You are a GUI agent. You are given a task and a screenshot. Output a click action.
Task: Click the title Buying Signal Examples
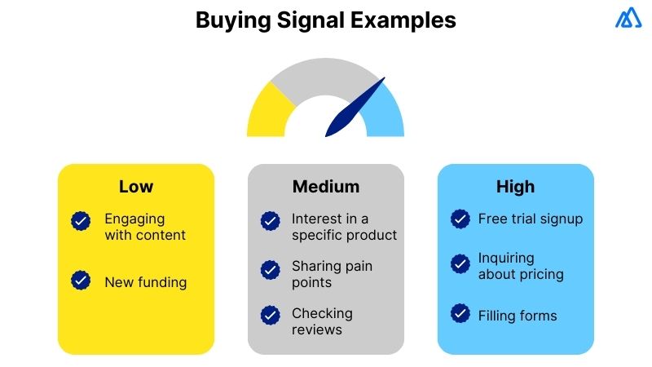click(325, 20)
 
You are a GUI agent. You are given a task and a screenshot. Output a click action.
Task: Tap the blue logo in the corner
click(628, 18)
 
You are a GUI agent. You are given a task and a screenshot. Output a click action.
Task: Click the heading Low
click(135, 187)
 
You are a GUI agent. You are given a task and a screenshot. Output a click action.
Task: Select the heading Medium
click(325, 187)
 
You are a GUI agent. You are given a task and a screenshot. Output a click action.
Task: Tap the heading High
click(515, 187)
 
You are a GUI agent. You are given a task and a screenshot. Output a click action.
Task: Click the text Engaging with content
click(144, 228)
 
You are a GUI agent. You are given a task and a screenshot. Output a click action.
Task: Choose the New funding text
click(145, 282)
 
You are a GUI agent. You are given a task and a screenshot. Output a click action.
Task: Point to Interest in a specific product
click(344, 228)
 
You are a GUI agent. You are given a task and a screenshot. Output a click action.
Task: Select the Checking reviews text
click(322, 321)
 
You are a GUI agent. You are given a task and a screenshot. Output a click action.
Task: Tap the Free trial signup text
click(530, 219)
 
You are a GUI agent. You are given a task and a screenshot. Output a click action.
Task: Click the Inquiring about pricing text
click(520, 267)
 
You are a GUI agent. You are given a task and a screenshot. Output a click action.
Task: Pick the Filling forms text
click(518, 315)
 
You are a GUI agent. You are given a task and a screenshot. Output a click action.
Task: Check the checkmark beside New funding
click(81, 281)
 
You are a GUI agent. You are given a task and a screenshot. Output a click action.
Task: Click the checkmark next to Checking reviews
click(270, 315)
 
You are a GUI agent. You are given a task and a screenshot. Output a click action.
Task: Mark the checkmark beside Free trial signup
click(460, 219)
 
